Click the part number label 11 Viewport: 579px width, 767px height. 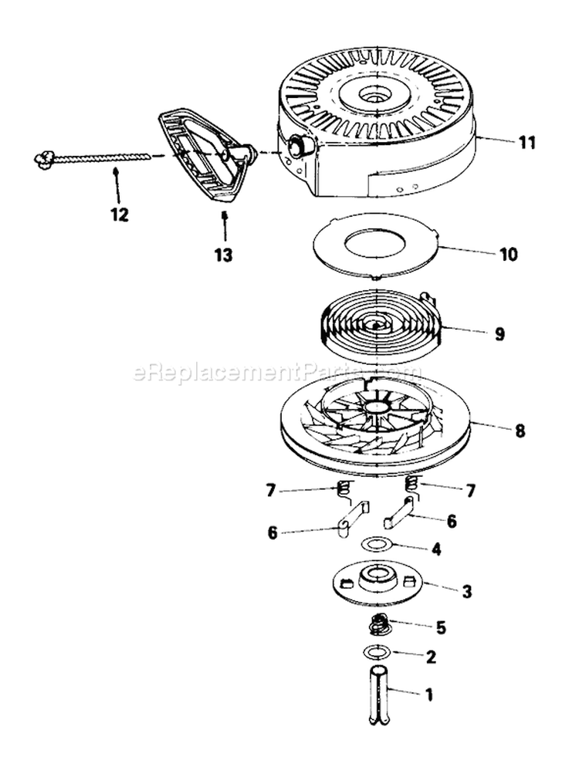click(527, 143)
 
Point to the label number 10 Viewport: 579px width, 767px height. click(510, 254)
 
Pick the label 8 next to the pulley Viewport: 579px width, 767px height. click(520, 431)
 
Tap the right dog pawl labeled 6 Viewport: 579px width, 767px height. click(398, 512)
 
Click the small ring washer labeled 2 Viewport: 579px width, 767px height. click(376, 653)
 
